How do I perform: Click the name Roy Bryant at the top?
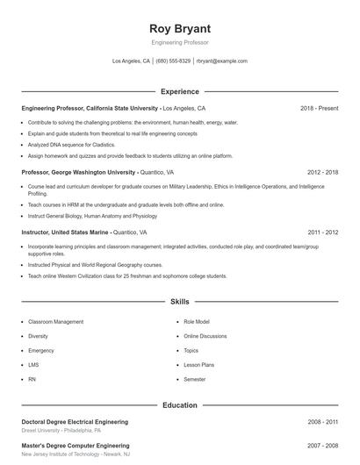(179, 27)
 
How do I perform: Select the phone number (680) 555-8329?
(173, 61)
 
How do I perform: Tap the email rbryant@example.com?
(222, 61)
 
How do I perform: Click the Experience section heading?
(179, 91)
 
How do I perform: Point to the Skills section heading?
(179, 301)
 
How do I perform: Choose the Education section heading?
(179, 405)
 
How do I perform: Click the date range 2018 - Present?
(319, 108)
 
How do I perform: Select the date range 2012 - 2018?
(322, 173)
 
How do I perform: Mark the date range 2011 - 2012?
(322, 232)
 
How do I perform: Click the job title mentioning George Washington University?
(78, 173)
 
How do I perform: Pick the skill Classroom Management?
(56, 322)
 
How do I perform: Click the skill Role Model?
(196, 322)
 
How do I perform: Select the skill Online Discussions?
(205, 336)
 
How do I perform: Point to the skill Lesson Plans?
(198, 364)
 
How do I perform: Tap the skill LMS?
(33, 364)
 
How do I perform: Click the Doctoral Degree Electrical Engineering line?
(75, 422)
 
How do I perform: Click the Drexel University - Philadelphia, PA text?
(61, 431)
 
